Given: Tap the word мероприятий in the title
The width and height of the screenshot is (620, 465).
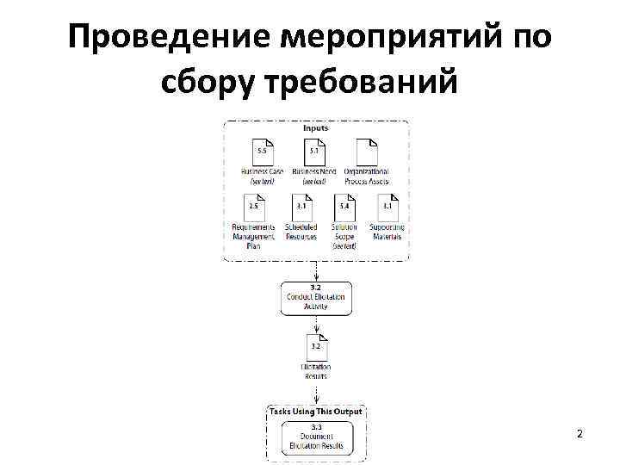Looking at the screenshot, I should point(380,39).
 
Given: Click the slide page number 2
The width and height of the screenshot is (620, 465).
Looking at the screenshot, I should point(580,433).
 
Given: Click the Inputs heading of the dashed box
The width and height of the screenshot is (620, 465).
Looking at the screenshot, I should point(315,128).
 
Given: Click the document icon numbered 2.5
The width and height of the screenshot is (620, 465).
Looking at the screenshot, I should point(254,208).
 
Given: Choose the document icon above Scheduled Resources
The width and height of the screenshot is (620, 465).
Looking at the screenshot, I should point(301,208).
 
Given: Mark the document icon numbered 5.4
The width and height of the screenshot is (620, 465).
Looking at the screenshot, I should point(344,208).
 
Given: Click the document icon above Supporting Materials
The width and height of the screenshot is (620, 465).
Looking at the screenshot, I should point(387,208).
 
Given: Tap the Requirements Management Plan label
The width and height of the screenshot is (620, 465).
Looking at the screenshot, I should point(254,236).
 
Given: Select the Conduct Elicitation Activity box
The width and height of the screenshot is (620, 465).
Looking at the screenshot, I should point(315,297).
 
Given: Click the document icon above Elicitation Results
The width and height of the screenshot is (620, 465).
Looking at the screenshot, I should point(315,349).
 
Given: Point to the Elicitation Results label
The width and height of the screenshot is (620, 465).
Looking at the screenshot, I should point(315,371).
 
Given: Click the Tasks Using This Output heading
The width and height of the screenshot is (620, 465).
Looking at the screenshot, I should point(315,412).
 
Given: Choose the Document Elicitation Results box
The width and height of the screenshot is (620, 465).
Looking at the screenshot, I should point(315,436).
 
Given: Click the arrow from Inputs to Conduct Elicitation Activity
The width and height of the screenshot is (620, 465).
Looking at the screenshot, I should point(315,270).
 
